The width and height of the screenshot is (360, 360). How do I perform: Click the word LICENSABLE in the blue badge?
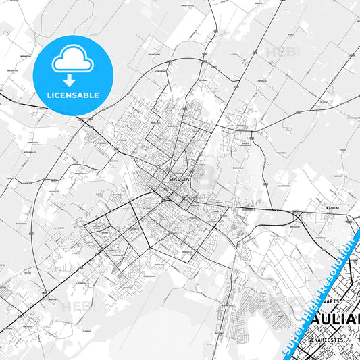(72, 95)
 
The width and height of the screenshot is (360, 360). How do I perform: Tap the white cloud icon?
(72, 59)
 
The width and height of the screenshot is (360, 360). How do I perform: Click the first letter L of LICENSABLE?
(49, 95)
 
